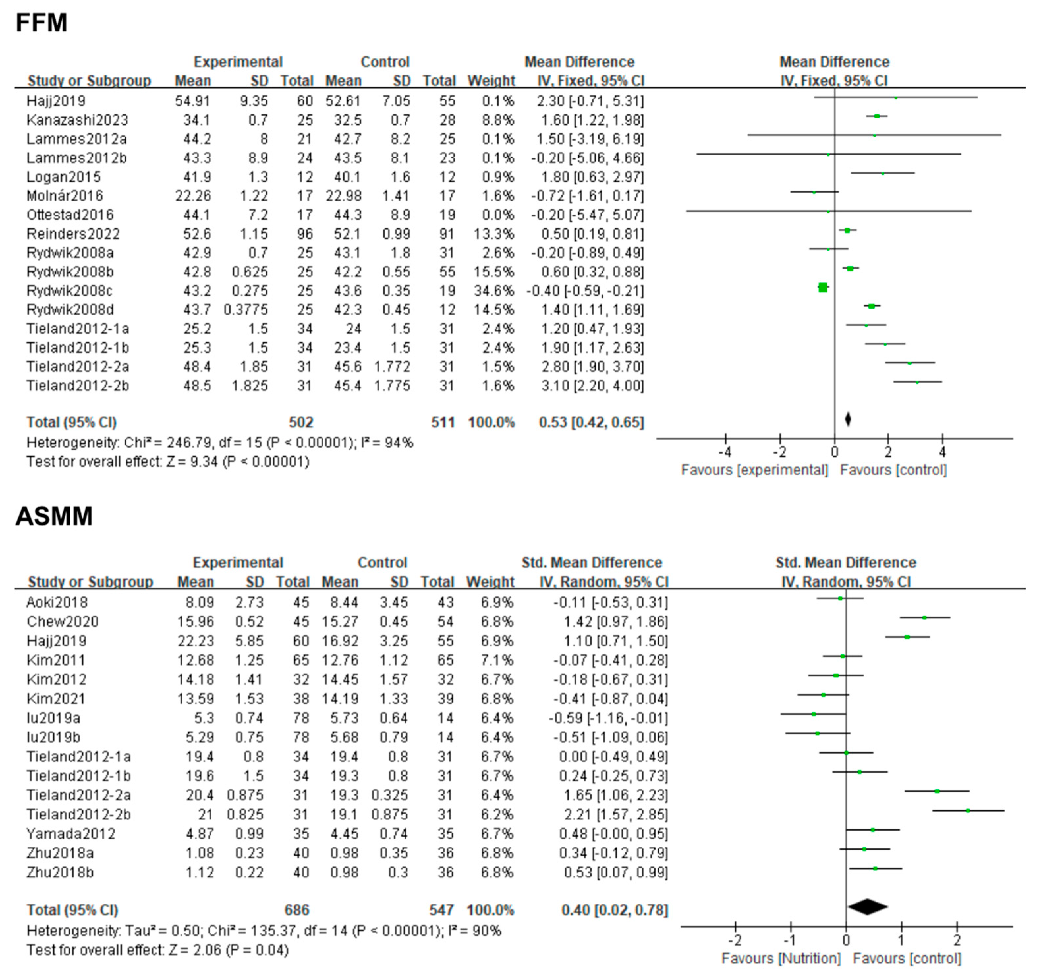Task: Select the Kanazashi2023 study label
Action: pyautogui.click(x=77, y=120)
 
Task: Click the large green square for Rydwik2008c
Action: pyautogui.click(x=823, y=287)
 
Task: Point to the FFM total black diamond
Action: pyautogui.click(x=848, y=419)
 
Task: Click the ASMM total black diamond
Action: pyautogui.click(x=867, y=906)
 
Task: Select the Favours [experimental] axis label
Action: pyautogui.click(x=754, y=470)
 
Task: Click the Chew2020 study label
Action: pyautogui.click(x=63, y=621)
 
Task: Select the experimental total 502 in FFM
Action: pyautogui.click(x=301, y=422)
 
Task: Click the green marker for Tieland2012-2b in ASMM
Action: pyautogui.click(x=967, y=811)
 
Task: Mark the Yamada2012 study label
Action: pyautogui.click(x=71, y=834)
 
